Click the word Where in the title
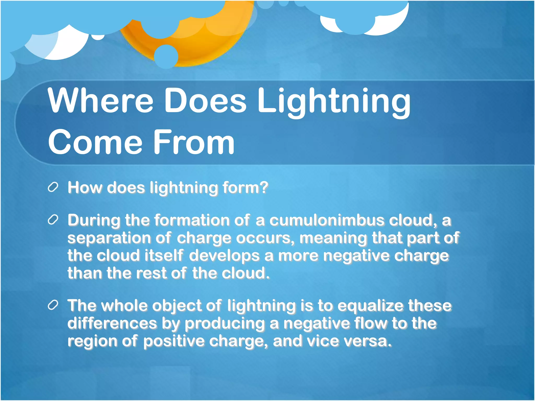click(101, 101)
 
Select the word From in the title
click(194, 142)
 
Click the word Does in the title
click(205, 101)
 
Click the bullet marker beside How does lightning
click(53, 187)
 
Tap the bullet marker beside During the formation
click(53, 220)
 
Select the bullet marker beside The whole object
click(53, 305)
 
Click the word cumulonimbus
click(327, 220)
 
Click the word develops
click(224, 256)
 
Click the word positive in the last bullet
click(174, 341)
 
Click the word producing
click(225, 324)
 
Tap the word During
click(94, 220)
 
